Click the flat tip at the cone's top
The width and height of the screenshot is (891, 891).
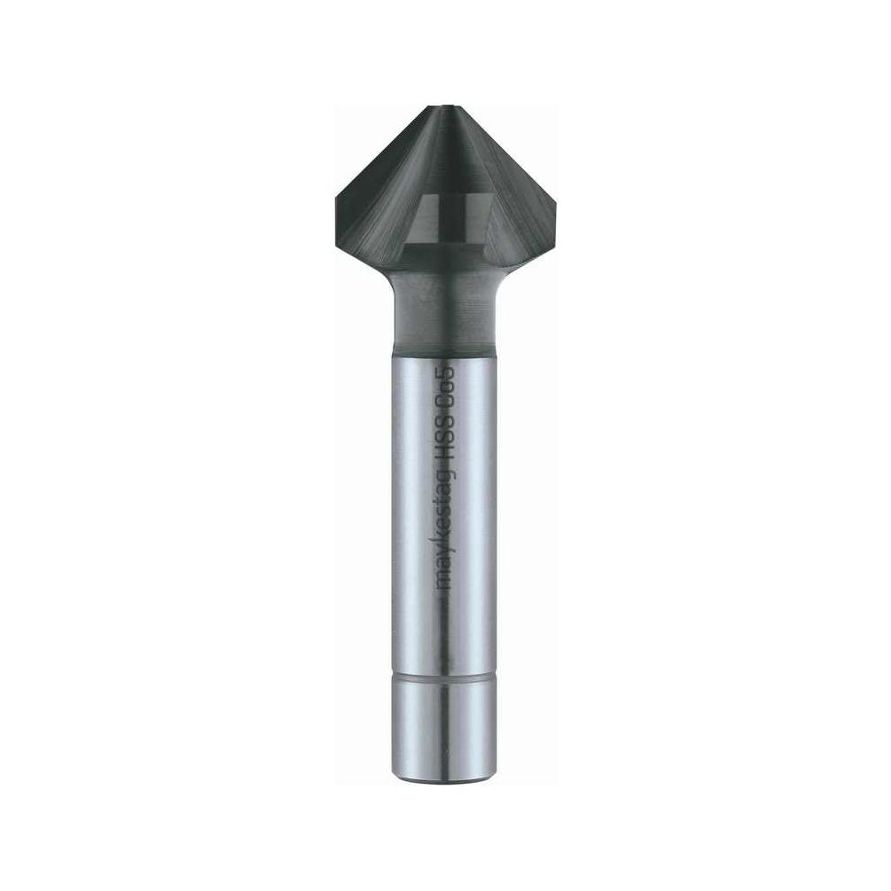(x=444, y=106)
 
